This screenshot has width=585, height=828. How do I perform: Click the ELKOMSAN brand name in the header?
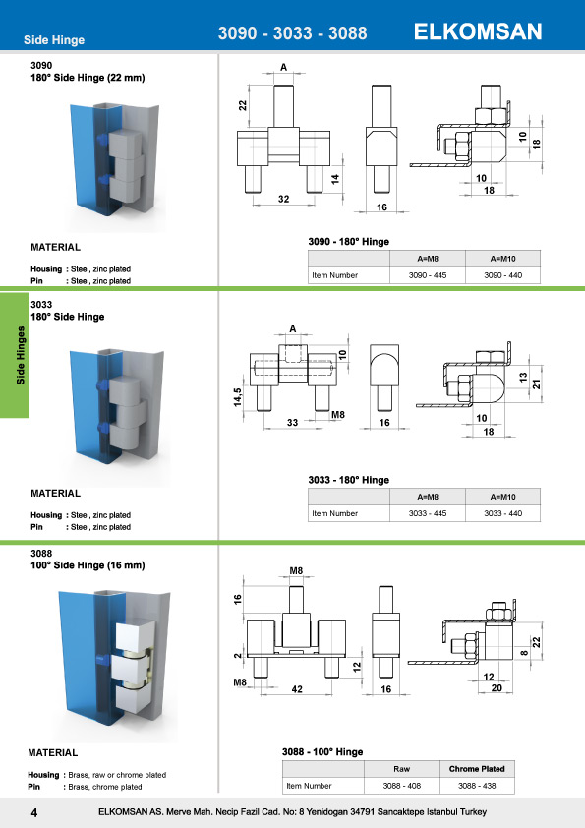coord(479,31)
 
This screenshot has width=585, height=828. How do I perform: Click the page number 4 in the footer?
coord(33,812)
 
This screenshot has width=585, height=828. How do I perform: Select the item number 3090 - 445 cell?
coord(427,275)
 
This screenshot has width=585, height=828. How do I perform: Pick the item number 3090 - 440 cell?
coord(502,275)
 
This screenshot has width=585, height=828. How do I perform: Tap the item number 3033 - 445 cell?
coord(427,513)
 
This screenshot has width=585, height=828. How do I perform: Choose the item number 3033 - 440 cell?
coord(502,513)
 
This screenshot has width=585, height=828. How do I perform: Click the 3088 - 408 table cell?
coord(400,786)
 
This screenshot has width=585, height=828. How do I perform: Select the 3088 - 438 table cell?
coord(477,786)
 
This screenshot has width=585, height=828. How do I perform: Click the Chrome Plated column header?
coord(477,768)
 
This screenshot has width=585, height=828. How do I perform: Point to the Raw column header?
coord(400,768)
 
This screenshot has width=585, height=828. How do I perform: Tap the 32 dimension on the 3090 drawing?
coord(282,200)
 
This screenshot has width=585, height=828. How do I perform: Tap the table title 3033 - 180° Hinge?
coord(349,480)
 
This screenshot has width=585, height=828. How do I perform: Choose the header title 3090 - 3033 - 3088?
coord(292,33)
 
